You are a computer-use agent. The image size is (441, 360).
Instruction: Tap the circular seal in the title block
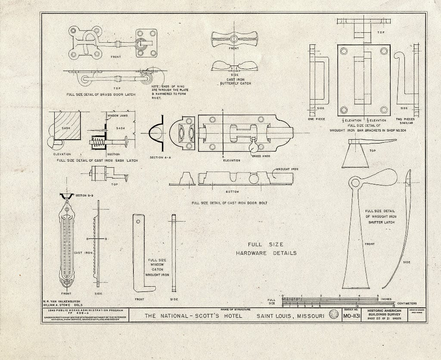coord(333,315)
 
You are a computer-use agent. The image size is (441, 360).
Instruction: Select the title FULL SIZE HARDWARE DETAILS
coord(266,249)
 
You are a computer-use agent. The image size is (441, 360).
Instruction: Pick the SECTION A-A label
coord(159,157)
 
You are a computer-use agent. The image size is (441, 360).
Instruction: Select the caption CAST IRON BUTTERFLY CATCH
coord(235,81)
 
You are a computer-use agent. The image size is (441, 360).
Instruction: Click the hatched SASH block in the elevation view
coord(67,125)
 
